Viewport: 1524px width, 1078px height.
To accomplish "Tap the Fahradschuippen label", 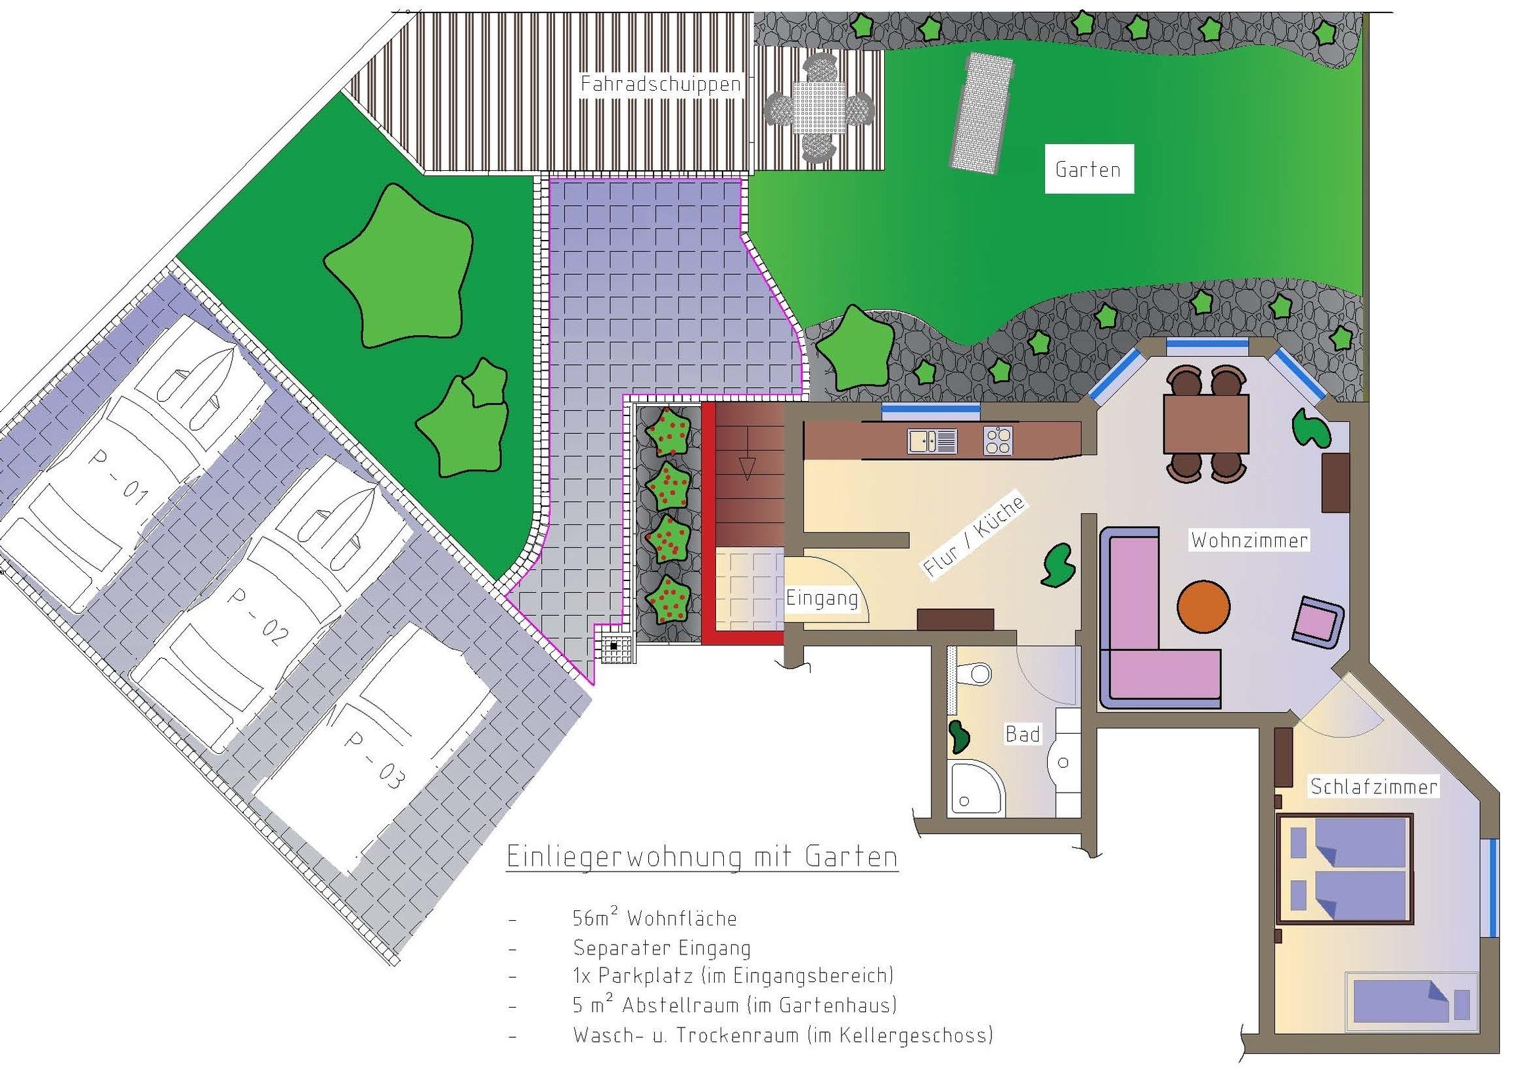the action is (660, 84).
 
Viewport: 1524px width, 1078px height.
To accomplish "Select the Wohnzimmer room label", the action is (1249, 540).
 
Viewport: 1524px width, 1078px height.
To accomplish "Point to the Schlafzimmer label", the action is (1374, 787).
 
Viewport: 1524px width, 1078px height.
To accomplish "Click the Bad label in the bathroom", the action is (1023, 735).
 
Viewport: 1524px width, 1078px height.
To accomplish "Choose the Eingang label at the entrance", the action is (822, 599).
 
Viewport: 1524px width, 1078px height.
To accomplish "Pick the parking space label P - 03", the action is (373, 760).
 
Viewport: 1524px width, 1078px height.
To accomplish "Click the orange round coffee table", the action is (1203, 607).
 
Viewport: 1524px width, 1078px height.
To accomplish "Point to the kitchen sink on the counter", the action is (933, 441).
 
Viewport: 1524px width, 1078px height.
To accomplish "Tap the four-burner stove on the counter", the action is (998, 440).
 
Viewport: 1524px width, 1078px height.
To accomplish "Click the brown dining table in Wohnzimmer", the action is (1206, 423).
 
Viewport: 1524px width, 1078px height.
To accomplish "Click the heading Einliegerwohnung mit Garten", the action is (702, 858).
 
